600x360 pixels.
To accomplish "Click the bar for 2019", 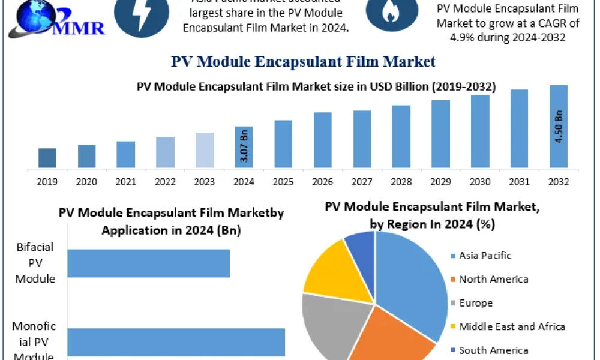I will [x=47, y=158].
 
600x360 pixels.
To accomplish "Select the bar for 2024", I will [x=244, y=147].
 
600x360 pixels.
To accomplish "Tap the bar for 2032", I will [x=559, y=127].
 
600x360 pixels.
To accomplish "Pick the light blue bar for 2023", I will [x=205, y=150].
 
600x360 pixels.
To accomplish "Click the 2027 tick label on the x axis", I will [x=362, y=181].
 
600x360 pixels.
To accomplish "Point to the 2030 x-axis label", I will [x=480, y=181].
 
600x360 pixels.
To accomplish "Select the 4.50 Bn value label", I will [x=559, y=127].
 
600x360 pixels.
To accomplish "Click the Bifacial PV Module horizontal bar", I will [x=148, y=263].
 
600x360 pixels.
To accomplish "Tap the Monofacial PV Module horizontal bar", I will [x=176, y=342].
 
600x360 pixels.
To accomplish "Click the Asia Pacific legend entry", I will [x=484, y=256].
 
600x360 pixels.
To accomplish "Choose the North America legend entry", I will [x=493, y=279].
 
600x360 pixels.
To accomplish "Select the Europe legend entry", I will [x=475, y=303].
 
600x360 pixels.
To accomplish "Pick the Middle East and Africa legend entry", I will [x=511, y=326].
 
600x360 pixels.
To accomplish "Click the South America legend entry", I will [x=493, y=350].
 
